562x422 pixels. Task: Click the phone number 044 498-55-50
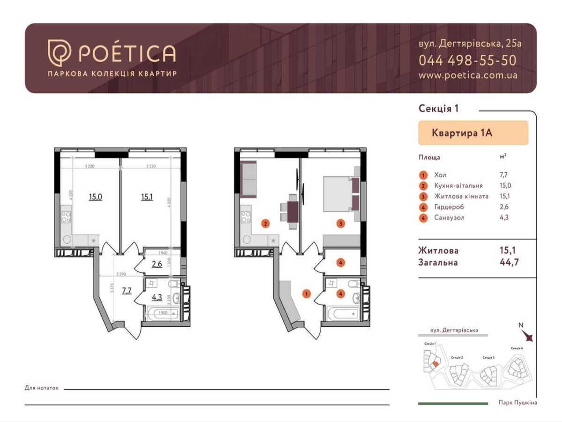point(467,60)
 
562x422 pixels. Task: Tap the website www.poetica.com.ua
point(468,75)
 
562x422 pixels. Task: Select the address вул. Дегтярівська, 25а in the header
point(469,44)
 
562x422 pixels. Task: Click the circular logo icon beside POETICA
point(59,53)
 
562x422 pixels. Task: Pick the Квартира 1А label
point(461,133)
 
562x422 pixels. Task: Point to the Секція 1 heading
point(438,109)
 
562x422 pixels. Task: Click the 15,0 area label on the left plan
point(96,196)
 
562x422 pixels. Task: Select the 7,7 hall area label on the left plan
point(127,290)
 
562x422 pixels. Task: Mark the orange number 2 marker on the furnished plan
point(265,224)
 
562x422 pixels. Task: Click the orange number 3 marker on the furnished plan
point(340,224)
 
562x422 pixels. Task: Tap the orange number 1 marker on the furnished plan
point(306,294)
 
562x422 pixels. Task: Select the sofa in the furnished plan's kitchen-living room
point(248,179)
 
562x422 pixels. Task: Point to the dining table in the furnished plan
point(293,212)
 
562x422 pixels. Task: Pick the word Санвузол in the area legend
point(450,218)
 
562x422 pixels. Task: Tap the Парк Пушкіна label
point(518,403)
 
